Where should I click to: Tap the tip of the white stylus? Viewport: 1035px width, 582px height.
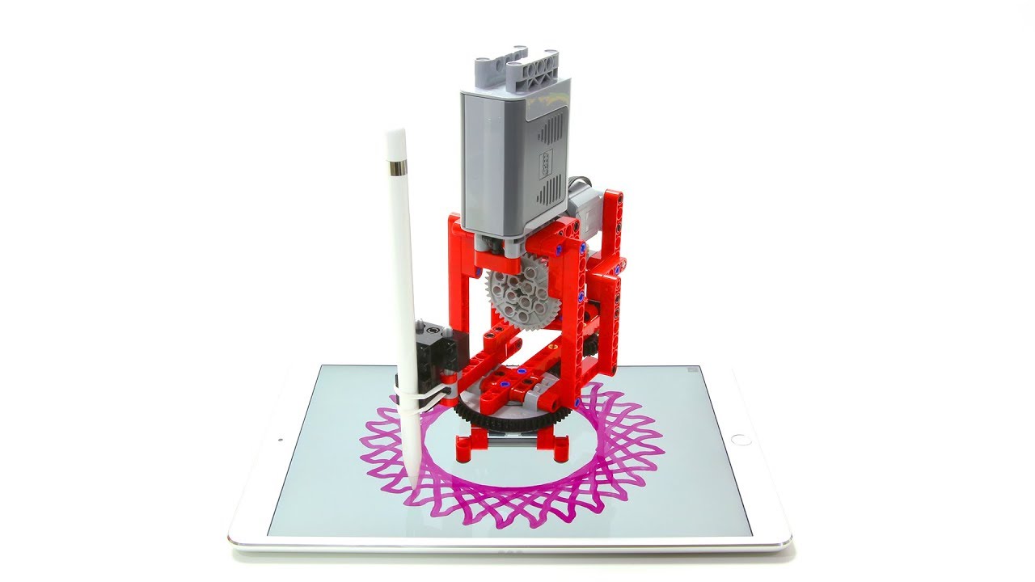click(413, 485)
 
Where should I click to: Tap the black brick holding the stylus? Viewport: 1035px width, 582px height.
click(437, 348)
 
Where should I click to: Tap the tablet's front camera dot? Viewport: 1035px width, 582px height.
click(280, 441)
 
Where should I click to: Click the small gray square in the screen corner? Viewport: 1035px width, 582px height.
click(691, 370)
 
